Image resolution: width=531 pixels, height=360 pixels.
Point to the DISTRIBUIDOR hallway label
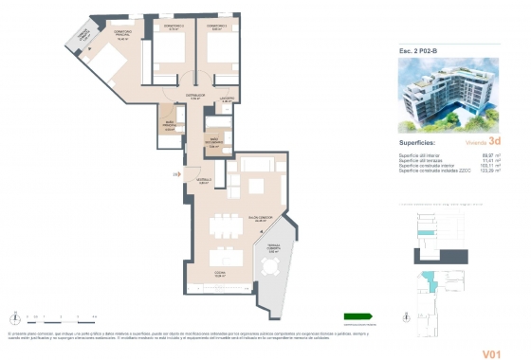pos(194,96)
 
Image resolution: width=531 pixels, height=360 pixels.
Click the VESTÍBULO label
pos(203,181)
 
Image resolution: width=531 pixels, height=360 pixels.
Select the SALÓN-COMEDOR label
pos(260,220)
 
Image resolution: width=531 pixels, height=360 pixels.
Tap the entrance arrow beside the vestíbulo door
pos(176,174)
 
